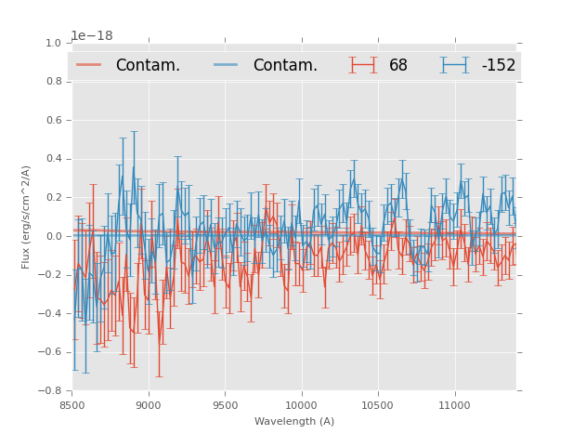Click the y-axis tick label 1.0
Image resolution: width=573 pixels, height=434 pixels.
point(54,43)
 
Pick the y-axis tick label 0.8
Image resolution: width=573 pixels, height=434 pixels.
point(54,82)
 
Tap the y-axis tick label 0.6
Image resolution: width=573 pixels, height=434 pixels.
point(54,120)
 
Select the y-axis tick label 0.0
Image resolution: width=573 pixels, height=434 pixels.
point(54,236)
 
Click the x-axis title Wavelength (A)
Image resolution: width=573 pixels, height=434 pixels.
point(294,421)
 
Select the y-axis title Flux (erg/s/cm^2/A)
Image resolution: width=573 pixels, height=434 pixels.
point(27,217)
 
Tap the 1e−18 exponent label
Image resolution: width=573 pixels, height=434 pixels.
point(92,35)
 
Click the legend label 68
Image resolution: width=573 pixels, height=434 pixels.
point(398,65)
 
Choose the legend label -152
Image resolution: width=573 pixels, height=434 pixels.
point(498,65)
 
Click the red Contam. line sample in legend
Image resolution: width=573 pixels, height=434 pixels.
point(89,65)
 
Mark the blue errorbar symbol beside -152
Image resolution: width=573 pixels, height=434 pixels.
point(454,65)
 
